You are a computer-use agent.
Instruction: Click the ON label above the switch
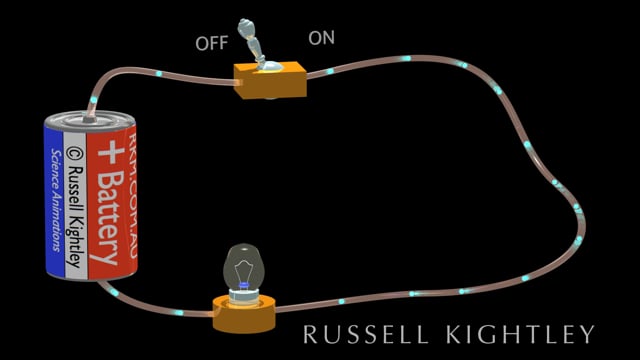tap(322, 38)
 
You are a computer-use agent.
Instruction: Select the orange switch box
tap(271, 80)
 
